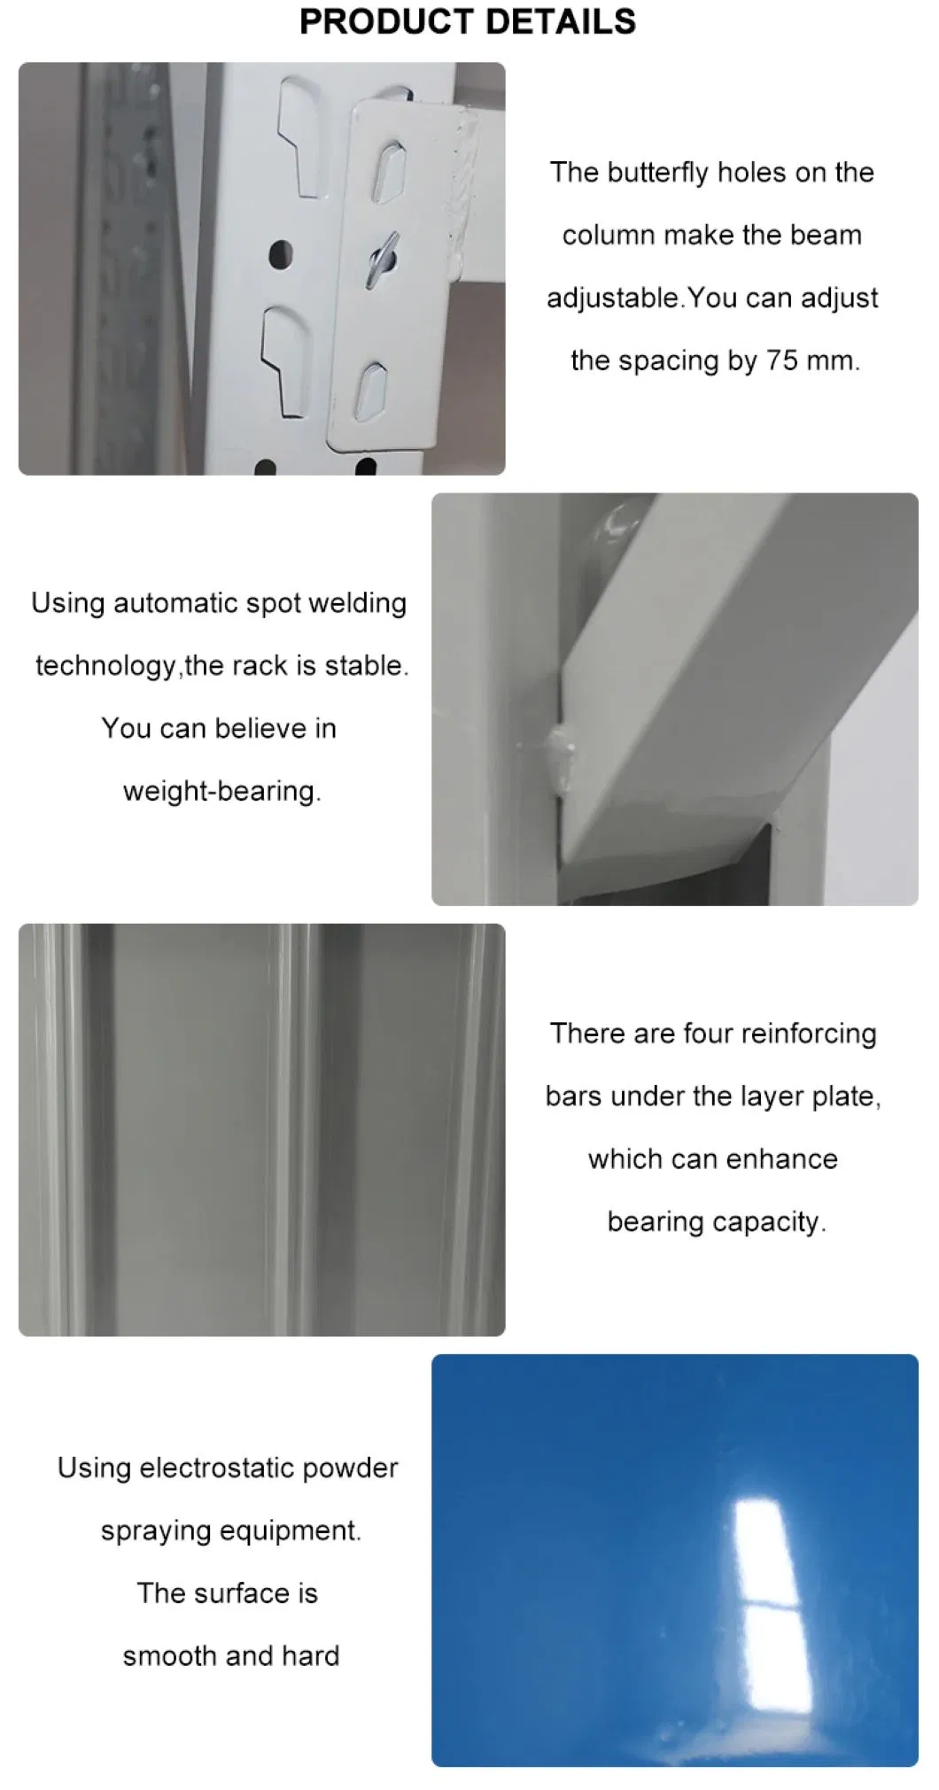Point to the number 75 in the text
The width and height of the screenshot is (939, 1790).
tap(782, 360)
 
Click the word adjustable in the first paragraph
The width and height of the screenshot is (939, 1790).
tap(614, 298)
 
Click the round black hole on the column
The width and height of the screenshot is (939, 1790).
tap(281, 254)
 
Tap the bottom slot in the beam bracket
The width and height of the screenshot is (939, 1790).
tap(371, 391)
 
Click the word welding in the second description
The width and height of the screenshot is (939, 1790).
tap(358, 602)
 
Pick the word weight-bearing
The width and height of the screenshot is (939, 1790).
tap(221, 791)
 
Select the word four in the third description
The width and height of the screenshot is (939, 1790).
tap(708, 1033)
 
